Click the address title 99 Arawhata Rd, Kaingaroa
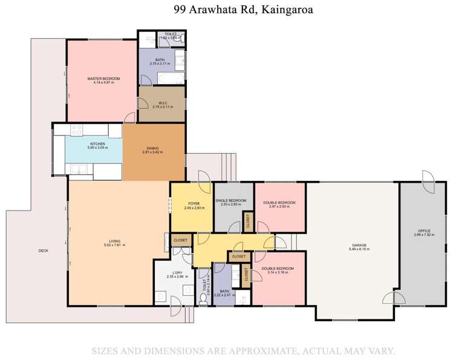pyautogui.click(x=226, y=10)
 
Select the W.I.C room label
pyautogui.click(x=162, y=103)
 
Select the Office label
pyautogui.click(x=424, y=231)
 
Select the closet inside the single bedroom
pyautogui.click(x=247, y=221)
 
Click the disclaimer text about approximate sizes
pyautogui.click(x=243, y=350)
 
